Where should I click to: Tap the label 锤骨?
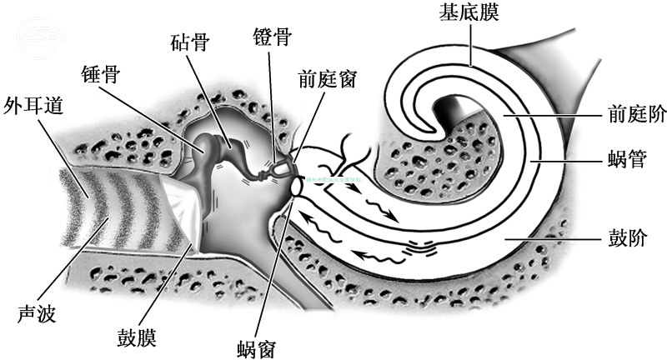coord(99,74)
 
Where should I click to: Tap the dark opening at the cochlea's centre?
coord(457,109)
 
